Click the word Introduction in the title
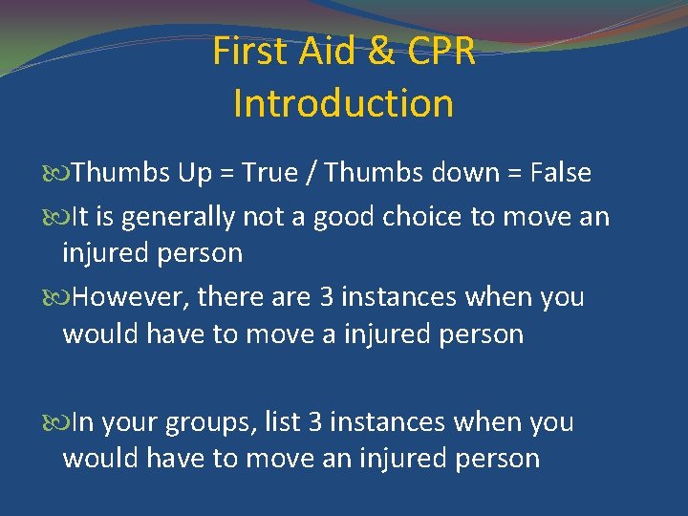(343, 103)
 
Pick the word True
(270, 173)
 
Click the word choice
(422, 218)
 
